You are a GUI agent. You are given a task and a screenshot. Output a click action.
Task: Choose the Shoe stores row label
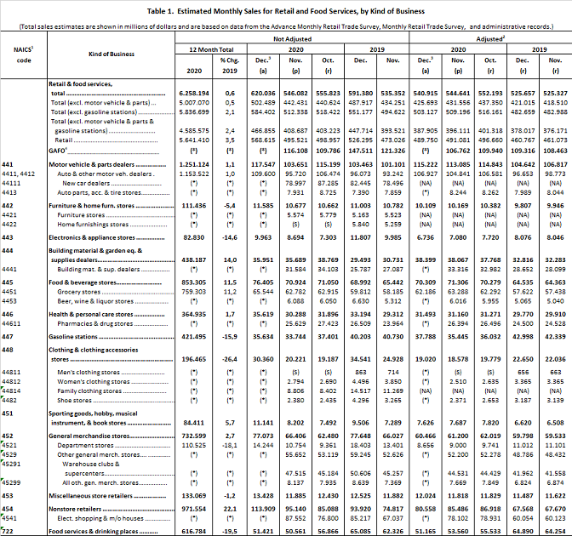(x=76, y=376)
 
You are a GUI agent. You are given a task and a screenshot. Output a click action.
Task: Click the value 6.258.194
(x=192, y=92)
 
